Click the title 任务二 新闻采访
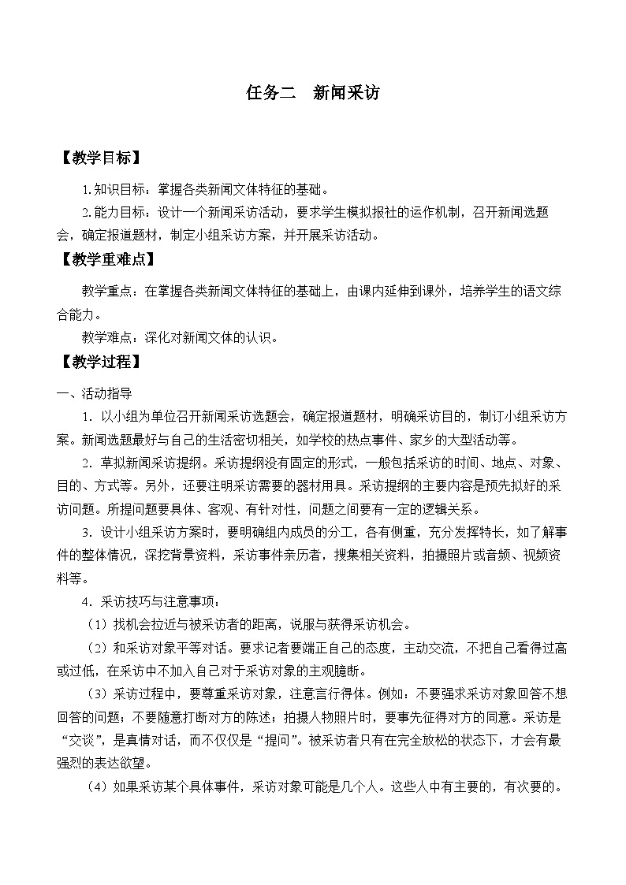[x=313, y=93]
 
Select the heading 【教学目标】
[x=102, y=158]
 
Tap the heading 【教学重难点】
[x=109, y=259]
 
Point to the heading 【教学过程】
[x=102, y=363]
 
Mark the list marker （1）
[x=99, y=626]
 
